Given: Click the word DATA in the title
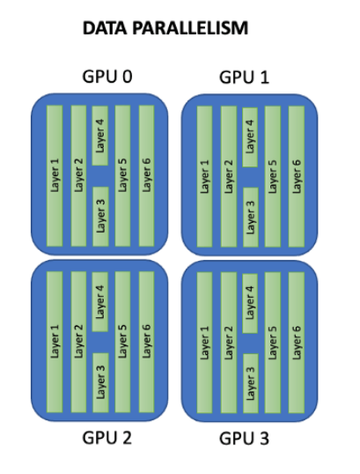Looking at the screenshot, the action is pyautogui.click(x=105, y=28).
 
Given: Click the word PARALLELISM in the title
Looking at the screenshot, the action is pyautogui.click(x=190, y=28).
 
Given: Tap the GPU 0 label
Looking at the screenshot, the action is pyautogui.click(x=107, y=77).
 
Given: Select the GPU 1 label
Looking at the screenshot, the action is pyautogui.click(x=244, y=78).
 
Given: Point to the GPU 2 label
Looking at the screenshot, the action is pyautogui.click(x=107, y=438).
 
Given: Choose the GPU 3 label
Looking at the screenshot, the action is pyautogui.click(x=244, y=439).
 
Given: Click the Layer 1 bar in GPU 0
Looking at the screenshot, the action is pyautogui.click(x=55, y=175).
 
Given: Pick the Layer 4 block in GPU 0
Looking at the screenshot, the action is pyautogui.click(x=100, y=136).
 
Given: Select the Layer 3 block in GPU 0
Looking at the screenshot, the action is pyautogui.click(x=100, y=217).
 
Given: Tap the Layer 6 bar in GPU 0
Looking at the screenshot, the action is pyautogui.click(x=146, y=175).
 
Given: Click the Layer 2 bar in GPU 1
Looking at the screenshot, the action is pyautogui.click(x=229, y=176).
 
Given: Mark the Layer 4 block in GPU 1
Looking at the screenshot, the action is pyautogui.click(x=250, y=137).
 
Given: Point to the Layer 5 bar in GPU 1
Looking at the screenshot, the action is pyautogui.click(x=272, y=176).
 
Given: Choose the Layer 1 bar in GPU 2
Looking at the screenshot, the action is pyautogui.click(x=55, y=342).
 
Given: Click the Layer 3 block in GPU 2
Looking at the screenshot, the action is pyautogui.click(x=100, y=382).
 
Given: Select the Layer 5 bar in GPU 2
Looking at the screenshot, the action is pyautogui.click(x=122, y=342).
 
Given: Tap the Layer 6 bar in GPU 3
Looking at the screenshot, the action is pyautogui.click(x=297, y=343).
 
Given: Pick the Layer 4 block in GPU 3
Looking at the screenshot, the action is pyautogui.click(x=250, y=303).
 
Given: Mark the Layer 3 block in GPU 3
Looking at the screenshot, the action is pyautogui.click(x=251, y=383).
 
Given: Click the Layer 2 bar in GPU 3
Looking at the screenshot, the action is pyautogui.click(x=229, y=343).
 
